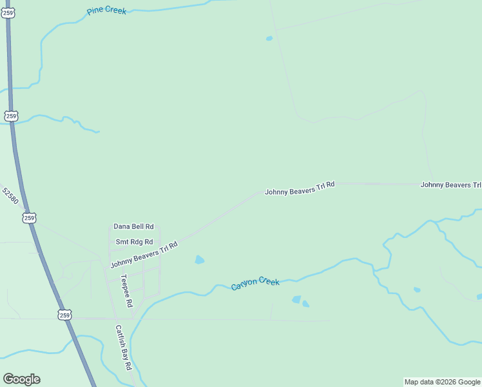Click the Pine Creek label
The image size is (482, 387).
click(x=106, y=11)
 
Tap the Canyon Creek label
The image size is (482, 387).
click(x=255, y=283)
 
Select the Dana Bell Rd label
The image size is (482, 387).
click(x=133, y=226)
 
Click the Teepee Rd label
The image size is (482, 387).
click(x=126, y=291)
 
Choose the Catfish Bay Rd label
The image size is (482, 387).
click(x=123, y=346)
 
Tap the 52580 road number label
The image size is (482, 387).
click(x=10, y=196)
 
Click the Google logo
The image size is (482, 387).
click(x=21, y=379)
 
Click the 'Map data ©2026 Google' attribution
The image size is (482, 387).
click(x=443, y=382)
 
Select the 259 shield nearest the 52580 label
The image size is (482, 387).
click(x=29, y=218)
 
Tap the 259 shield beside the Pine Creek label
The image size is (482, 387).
click(x=8, y=13)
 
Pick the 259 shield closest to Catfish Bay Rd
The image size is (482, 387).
click(x=64, y=315)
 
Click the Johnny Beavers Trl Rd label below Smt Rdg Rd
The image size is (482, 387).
click(x=144, y=255)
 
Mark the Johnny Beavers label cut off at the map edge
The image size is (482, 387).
click(x=450, y=184)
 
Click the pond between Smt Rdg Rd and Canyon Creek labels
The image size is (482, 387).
click(x=200, y=260)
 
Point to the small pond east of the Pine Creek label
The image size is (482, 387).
click(x=269, y=39)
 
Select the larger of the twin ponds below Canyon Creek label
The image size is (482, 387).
click(x=296, y=299)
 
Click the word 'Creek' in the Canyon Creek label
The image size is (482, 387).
click(x=269, y=281)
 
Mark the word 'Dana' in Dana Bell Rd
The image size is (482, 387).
click(x=122, y=226)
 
